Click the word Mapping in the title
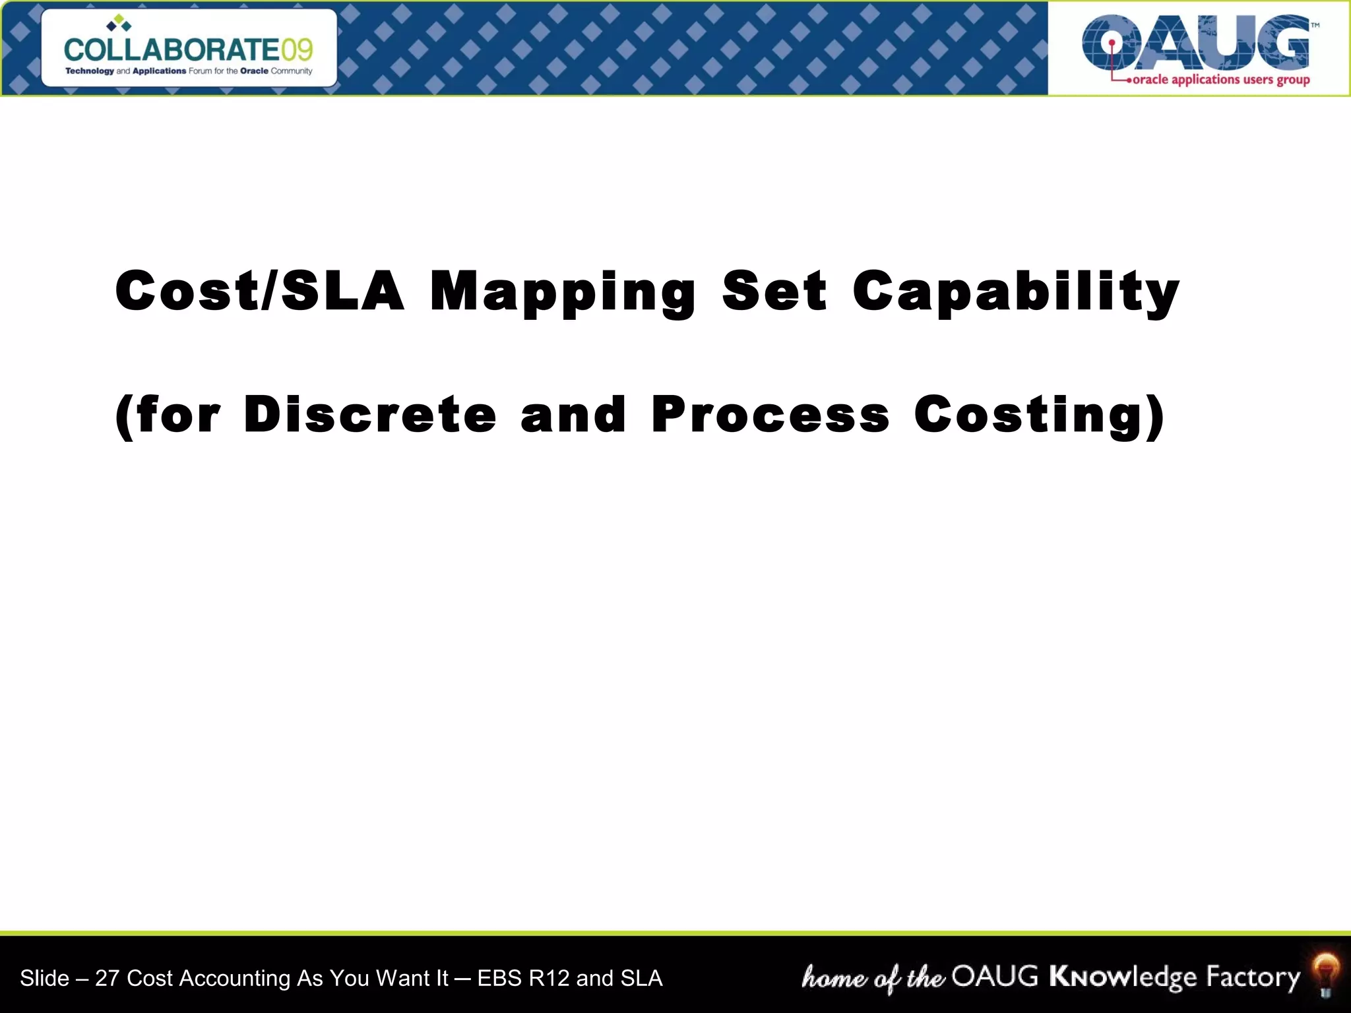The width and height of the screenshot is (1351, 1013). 562,292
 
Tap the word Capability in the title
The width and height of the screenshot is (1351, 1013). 1015,292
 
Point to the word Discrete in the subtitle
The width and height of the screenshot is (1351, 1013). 369,415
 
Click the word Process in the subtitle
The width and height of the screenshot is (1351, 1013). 770,415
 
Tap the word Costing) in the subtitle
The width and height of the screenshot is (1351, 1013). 1039,416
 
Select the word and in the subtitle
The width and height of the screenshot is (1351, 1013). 572,415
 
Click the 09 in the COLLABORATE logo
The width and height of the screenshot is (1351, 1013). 297,50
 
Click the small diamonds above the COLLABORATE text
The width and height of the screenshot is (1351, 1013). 119,24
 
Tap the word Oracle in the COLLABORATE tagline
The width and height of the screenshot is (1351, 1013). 254,71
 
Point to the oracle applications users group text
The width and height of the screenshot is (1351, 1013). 1220,80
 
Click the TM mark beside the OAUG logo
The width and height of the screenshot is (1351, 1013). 1315,25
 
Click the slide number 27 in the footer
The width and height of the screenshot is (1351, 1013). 107,978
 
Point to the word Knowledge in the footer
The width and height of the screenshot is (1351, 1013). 1123,977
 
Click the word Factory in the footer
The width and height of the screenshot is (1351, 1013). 1253,977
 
